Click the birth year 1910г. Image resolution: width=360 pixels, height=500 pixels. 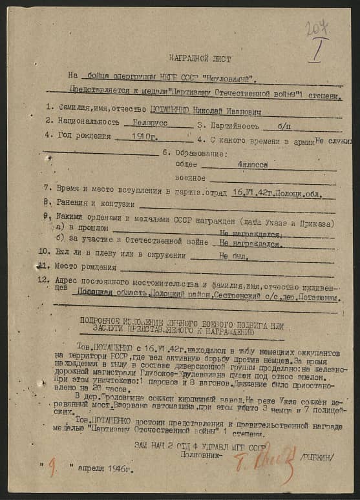144,136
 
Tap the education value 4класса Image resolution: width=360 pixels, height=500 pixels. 252,165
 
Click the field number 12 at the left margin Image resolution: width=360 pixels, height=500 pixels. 43,280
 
